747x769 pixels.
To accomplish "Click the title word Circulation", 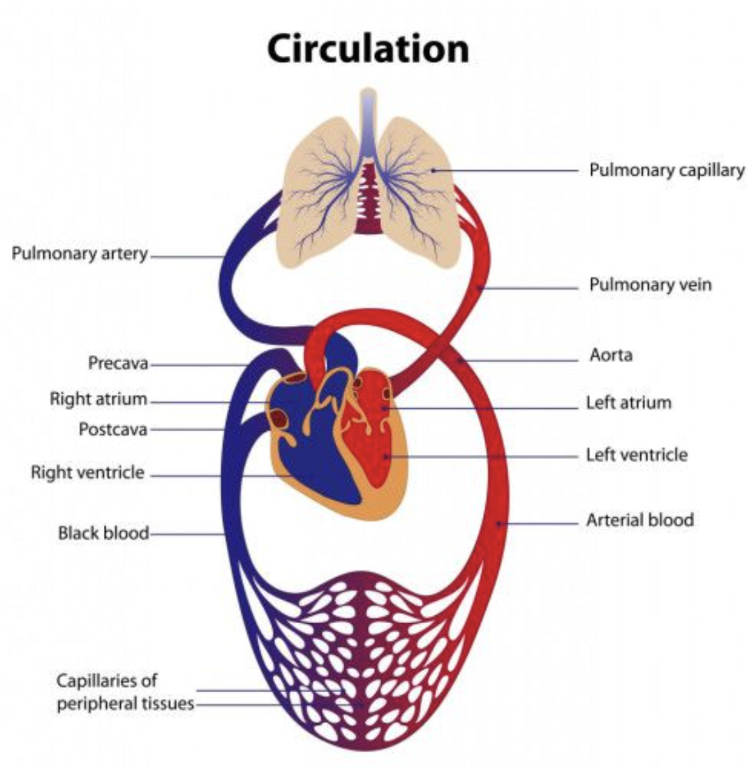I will [368, 49].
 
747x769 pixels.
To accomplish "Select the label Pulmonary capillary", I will [667, 170].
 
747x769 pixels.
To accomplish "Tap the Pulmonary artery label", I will [80, 254].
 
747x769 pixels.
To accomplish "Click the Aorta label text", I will [610, 356].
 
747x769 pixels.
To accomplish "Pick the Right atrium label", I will [98, 400].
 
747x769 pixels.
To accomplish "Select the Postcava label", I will [113, 429].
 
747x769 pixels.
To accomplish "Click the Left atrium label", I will [628, 403].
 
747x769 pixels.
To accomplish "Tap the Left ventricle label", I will [637, 455].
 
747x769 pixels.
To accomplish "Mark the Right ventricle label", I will [88, 472].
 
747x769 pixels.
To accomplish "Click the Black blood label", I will [103, 533].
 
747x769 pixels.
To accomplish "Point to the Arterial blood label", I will [639, 520].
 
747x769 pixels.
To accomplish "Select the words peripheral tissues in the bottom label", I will [125, 703].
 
